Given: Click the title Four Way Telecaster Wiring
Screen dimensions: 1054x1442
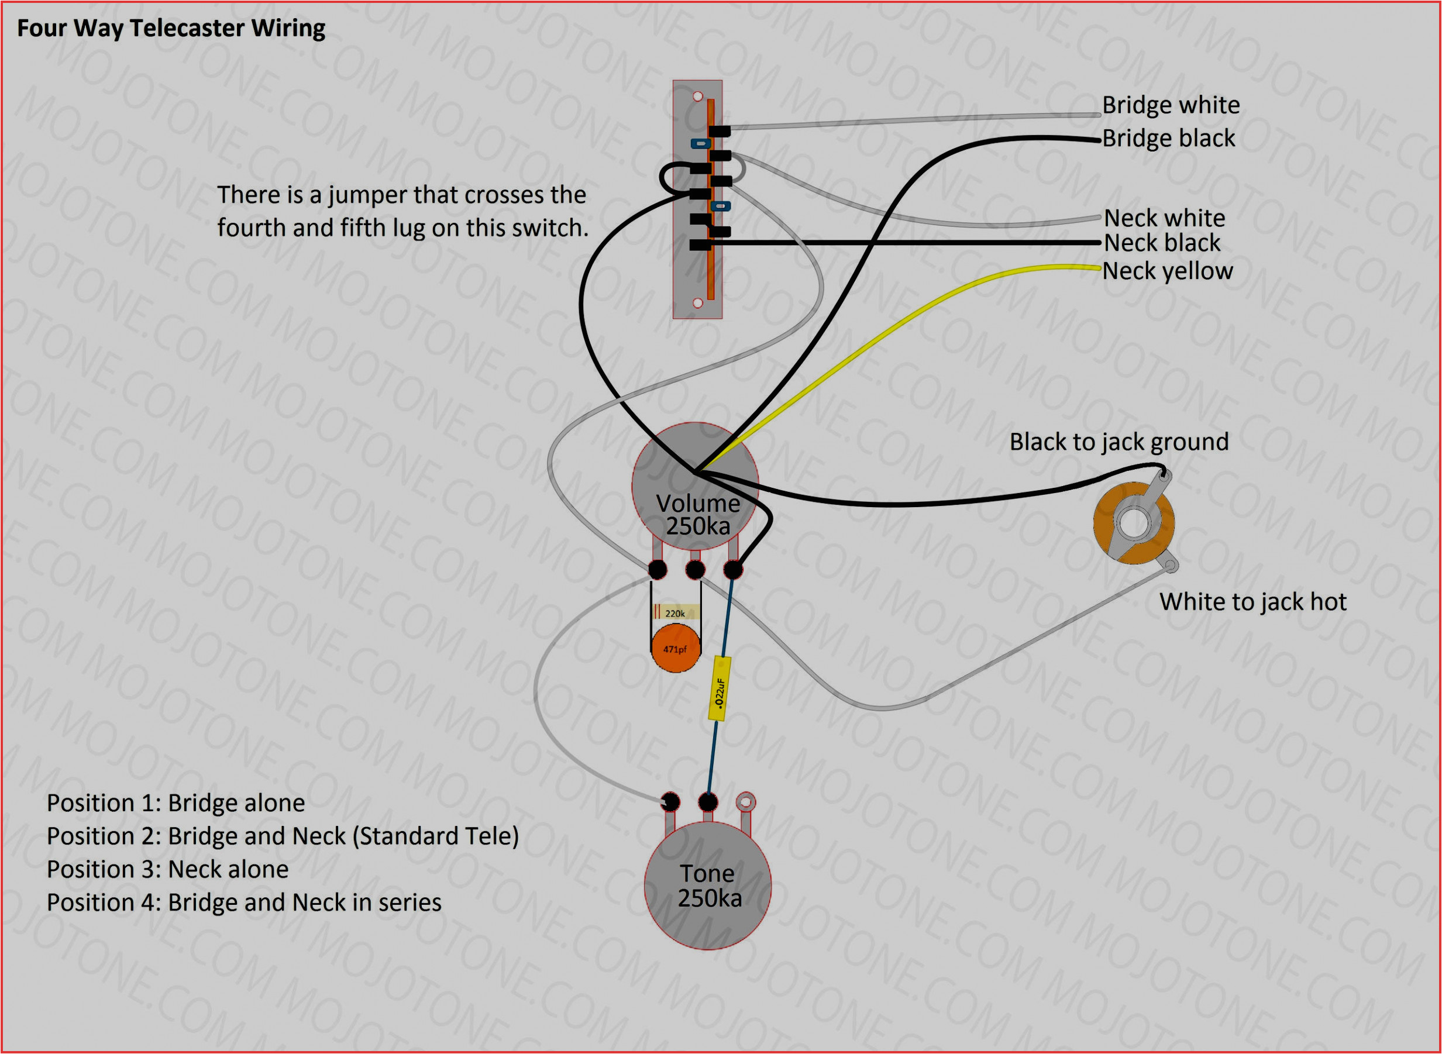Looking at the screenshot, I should (170, 28).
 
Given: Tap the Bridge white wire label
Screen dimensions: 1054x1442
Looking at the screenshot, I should (1170, 105).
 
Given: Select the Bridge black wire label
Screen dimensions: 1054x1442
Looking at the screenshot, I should (1168, 138).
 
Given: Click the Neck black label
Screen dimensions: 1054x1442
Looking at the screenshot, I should (1161, 243).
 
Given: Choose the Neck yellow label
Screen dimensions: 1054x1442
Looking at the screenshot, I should (1167, 271).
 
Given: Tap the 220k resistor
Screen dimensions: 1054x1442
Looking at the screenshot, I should (675, 613).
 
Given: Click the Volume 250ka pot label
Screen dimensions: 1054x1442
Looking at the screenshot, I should (697, 515).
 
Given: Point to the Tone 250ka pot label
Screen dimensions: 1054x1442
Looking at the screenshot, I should (708, 886).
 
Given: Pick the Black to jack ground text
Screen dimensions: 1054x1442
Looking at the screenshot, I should (1118, 442).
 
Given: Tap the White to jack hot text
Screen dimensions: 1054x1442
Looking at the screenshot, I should (1252, 602).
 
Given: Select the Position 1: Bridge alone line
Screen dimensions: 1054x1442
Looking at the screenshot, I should (175, 802).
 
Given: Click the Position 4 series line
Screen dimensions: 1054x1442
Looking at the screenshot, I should (244, 902).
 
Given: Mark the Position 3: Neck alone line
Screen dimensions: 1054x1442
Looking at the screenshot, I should (167, 869).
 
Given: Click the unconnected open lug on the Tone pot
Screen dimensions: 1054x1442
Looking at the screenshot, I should (745, 801).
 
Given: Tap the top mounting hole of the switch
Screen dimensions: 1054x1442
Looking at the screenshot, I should (697, 97).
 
